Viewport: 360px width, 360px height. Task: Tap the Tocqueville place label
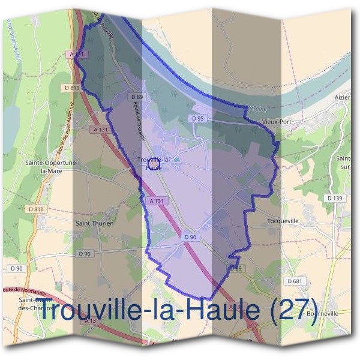(x=282, y=221)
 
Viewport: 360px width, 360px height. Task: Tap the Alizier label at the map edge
(x=342, y=97)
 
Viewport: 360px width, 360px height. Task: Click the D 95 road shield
(x=198, y=119)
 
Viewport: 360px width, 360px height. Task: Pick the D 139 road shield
(x=335, y=198)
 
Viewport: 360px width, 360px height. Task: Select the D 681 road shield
(x=294, y=281)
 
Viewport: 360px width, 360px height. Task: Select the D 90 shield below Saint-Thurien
(x=85, y=254)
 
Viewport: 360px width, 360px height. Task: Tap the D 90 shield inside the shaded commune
(x=190, y=238)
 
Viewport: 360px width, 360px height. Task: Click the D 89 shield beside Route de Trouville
(x=137, y=97)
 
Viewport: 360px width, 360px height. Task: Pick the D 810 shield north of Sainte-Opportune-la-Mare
(x=72, y=88)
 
